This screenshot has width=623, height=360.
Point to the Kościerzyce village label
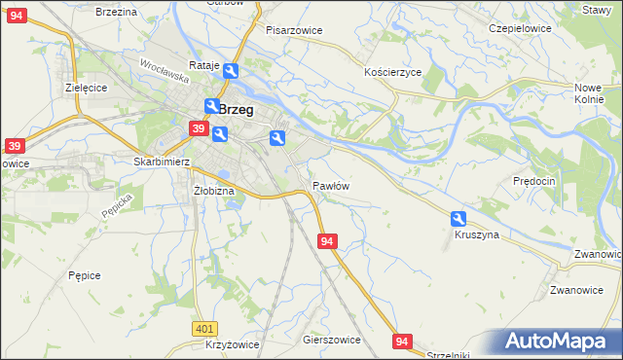(392, 73)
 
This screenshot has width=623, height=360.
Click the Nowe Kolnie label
(589, 94)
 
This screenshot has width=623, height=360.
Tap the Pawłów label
(331, 185)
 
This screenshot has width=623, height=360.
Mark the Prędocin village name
(533, 181)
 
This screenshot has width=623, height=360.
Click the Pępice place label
(85, 275)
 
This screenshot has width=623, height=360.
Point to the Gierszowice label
(332, 341)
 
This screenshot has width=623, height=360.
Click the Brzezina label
(116, 11)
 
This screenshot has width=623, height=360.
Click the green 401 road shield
(204, 330)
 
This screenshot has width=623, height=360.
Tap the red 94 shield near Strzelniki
(404, 341)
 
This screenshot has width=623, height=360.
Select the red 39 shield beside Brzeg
(198, 128)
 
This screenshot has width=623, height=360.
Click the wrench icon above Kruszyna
(458, 219)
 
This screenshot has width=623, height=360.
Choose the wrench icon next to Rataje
(231, 71)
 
